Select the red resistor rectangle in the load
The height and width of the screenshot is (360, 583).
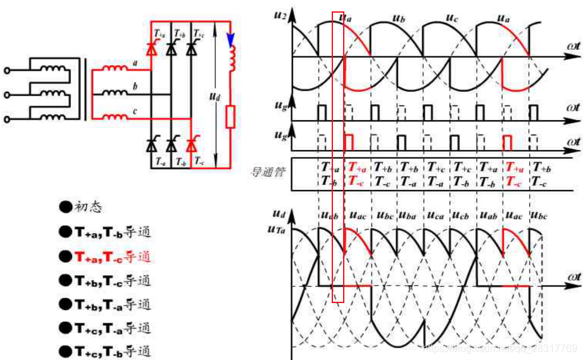point(230,117)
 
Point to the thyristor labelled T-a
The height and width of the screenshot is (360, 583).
point(151,145)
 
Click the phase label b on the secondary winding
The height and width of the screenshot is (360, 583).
point(135,85)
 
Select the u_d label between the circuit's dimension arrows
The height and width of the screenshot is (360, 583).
point(214,99)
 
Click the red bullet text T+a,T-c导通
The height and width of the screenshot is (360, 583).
point(113,256)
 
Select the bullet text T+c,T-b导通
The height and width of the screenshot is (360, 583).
point(113,352)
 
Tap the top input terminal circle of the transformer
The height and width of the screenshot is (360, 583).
point(8,71)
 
